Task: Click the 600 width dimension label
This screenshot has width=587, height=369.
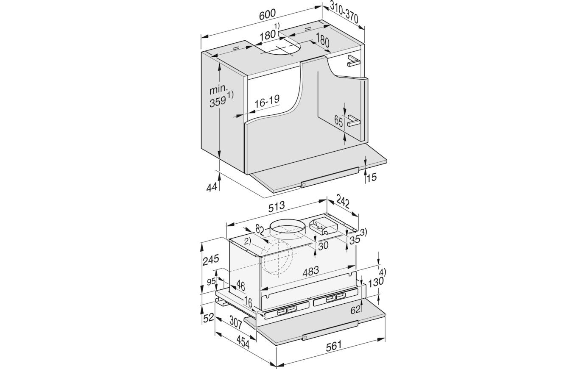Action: pos(267,14)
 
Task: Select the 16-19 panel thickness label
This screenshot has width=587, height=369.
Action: pos(267,101)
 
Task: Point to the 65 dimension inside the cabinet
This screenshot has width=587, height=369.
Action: pos(338,122)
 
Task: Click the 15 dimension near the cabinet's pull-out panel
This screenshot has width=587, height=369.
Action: pos(372,177)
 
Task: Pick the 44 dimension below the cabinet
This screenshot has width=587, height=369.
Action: pos(212,187)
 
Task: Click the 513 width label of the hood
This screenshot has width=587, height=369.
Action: pos(277,206)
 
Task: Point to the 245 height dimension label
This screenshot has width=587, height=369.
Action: pos(211,260)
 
